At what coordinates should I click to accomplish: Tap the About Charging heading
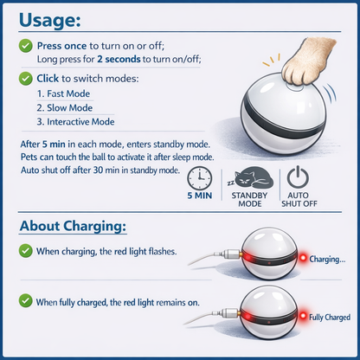[73, 228]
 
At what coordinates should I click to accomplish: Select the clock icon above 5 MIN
[199, 177]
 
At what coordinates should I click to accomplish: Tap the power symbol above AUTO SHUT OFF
[298, 176]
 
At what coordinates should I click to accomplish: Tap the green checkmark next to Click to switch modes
[26, 78]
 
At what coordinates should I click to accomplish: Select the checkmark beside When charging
[26, 252]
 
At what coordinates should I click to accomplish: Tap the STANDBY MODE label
[249, 201]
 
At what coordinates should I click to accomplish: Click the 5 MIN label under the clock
[199, 197]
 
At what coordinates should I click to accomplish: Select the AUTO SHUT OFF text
[298, 201]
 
